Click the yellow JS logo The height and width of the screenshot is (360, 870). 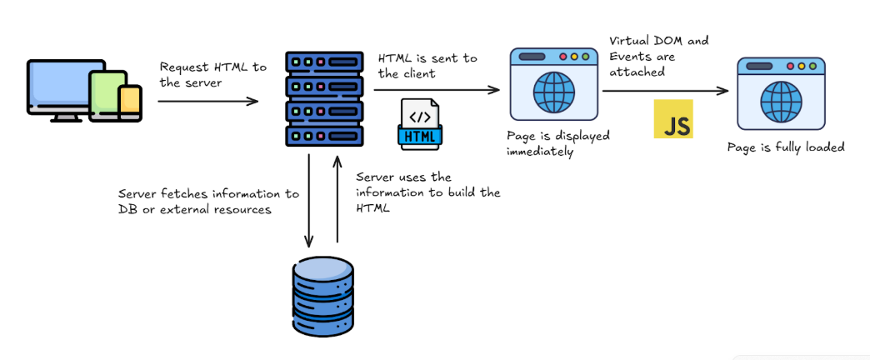672,118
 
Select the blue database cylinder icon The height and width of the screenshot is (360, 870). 323,296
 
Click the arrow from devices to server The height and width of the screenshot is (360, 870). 208,101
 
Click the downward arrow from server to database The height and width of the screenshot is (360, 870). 309,200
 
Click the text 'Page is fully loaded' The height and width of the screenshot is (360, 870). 786,147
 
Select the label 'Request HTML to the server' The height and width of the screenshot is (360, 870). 212,74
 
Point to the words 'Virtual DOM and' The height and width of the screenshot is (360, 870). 658,41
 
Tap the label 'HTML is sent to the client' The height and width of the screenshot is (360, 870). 427,66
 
